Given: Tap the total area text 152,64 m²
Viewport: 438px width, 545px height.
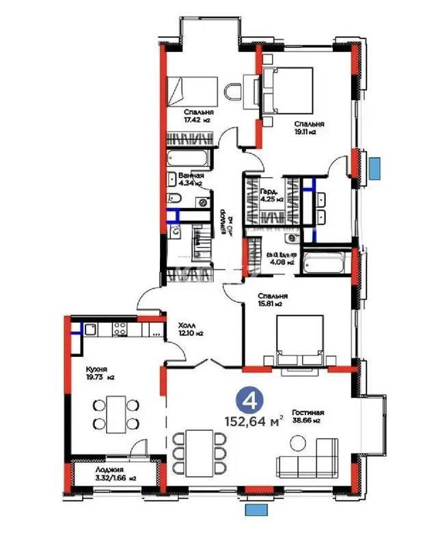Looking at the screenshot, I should coord(254,421).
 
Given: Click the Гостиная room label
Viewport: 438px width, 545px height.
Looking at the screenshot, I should coord(307,413).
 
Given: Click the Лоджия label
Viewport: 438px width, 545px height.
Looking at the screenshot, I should coord(90,470).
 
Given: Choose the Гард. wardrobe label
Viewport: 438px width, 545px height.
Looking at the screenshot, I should coord(267,192).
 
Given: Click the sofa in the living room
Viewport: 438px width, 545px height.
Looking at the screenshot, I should coord(308,460).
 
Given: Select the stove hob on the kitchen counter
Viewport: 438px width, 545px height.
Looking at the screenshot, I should coord(119,330).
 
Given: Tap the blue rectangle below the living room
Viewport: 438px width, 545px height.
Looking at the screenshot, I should coord(257,509).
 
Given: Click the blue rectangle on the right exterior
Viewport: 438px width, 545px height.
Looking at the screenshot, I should coord(374,168).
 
